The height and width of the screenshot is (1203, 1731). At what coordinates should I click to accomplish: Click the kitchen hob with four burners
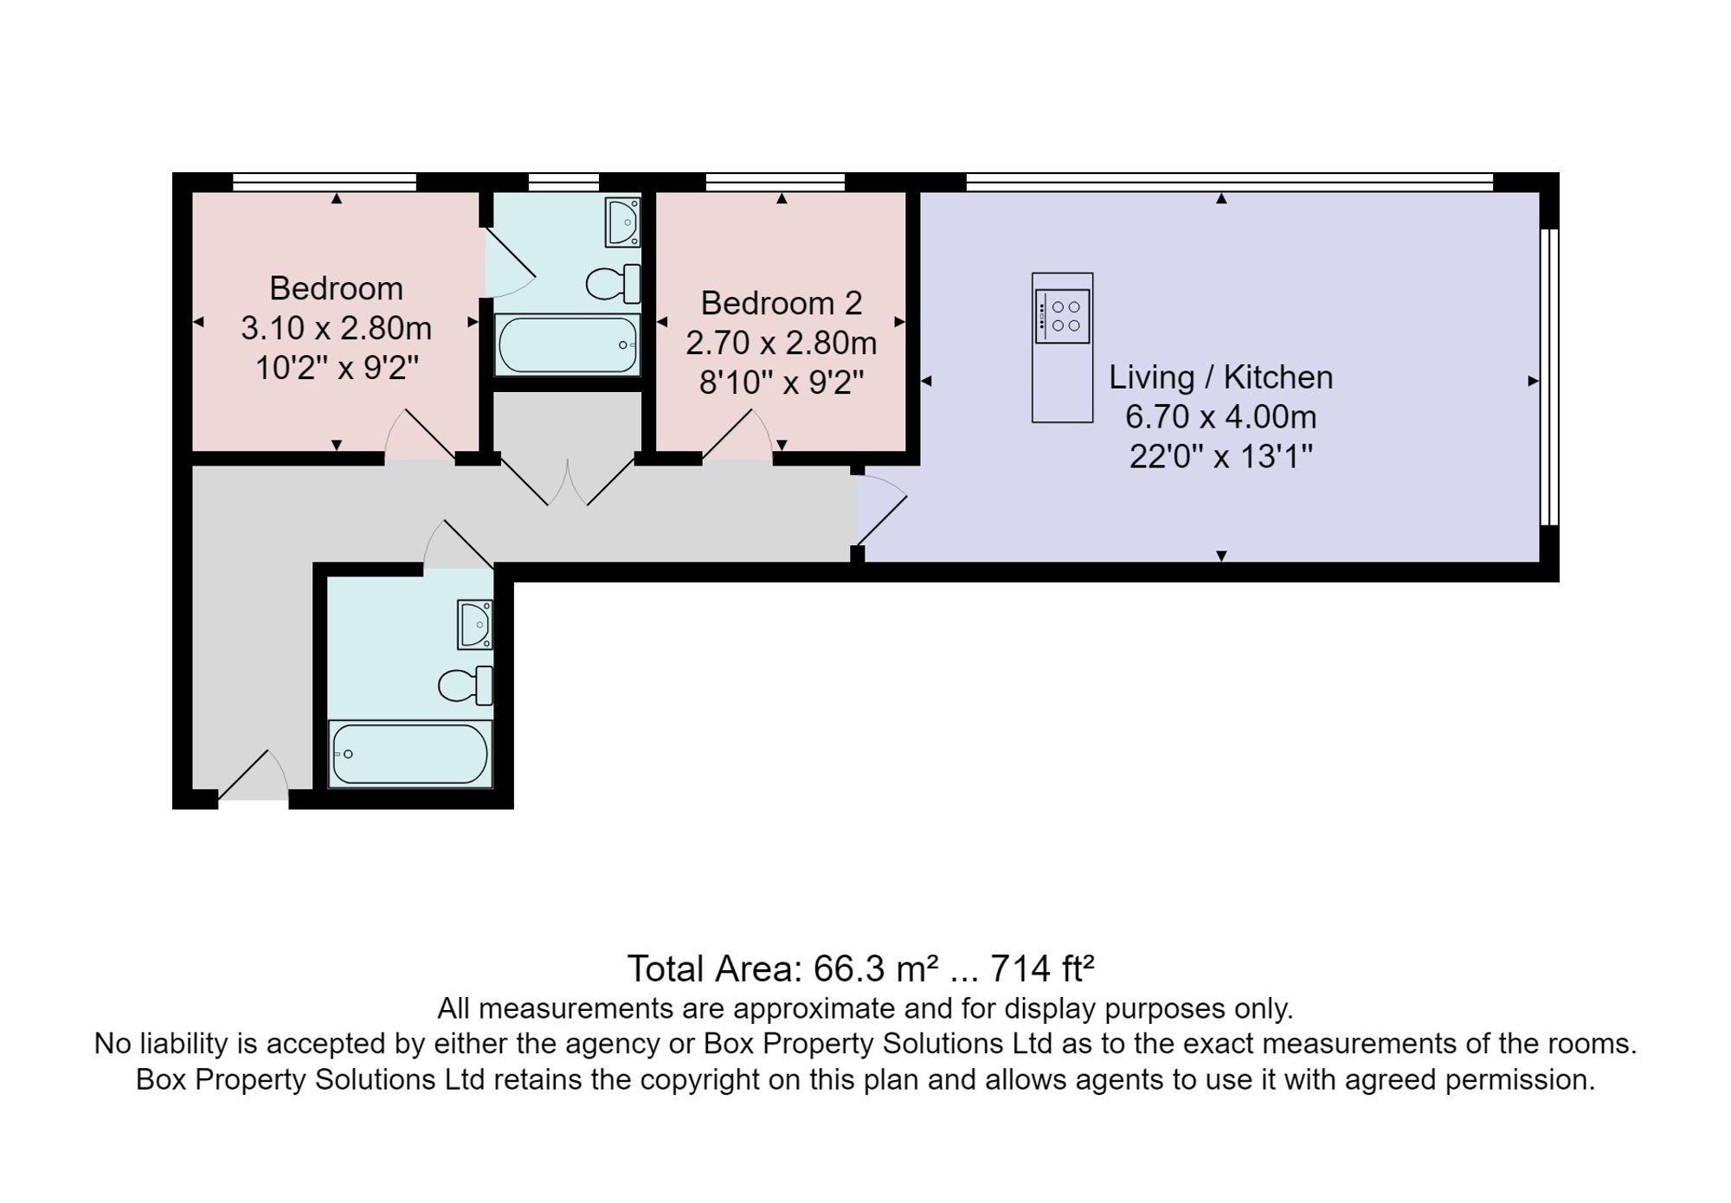click(1062, 317)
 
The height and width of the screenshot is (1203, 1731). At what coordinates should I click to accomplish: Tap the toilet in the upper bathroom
click(614, 283)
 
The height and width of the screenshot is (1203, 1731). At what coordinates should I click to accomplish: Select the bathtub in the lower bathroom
click(410, 754)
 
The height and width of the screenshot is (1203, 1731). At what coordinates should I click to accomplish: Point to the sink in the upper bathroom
click(622, 222)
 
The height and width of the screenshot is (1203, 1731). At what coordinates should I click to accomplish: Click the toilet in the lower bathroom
click(466, 686)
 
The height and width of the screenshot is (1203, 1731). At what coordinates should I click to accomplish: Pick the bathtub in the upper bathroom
click(567, 344)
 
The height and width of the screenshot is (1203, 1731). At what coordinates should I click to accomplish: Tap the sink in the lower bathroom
click(475, 624)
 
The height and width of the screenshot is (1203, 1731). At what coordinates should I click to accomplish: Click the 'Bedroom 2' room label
click(782, 303)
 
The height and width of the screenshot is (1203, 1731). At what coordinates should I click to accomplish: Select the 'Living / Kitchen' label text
click(1221, 377)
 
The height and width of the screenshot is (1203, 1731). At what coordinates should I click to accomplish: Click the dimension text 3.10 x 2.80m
click(336, 328)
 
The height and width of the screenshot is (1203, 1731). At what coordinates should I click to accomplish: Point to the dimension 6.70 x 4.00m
click(1221, 417)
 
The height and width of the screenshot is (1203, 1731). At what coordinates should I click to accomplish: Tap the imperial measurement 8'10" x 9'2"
click(782, 382)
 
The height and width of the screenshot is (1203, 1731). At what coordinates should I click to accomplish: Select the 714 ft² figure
click(1042, 968)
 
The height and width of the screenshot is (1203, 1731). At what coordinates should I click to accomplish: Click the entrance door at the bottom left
click(253, 775)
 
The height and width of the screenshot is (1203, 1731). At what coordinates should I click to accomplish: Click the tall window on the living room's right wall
click(1549, 377)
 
